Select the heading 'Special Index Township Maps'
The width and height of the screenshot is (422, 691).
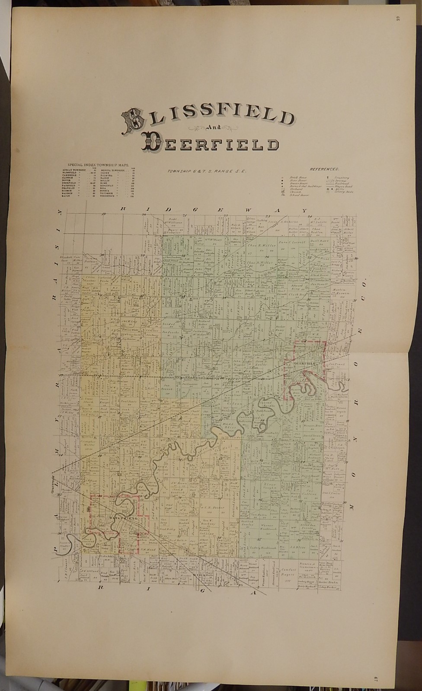click(x=97, y=165)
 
